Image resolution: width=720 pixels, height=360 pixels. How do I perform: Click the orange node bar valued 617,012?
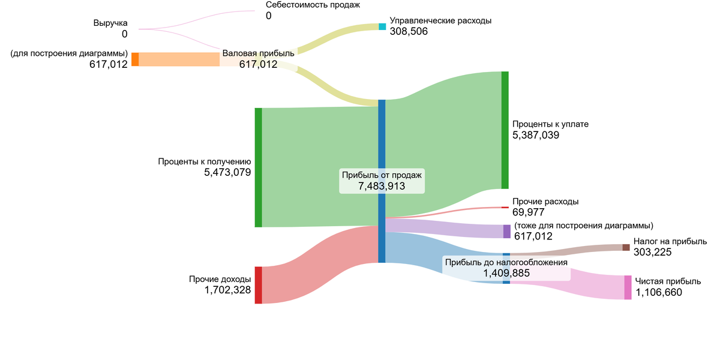[x=135, y=59]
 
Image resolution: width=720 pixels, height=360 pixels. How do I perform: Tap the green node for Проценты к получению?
[x=259, y=167]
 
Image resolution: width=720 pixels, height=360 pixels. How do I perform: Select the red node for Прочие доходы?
[x=259, y=285]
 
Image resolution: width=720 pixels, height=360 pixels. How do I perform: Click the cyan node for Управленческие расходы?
[x=382, y=26]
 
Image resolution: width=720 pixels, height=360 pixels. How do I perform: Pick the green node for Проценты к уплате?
[x=505, y=130]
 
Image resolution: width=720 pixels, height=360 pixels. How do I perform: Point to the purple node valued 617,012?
[x=507, y=232]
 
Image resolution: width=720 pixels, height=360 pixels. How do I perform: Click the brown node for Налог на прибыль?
[x=626, y=247]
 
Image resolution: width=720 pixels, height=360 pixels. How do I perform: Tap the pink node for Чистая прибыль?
[x=628, y=287]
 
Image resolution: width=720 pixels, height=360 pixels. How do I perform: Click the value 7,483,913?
[x=382, y=187]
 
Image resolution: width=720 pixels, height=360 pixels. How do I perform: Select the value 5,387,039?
[x=536, y=136]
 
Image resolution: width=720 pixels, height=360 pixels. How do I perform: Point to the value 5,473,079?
[x=227, y=173]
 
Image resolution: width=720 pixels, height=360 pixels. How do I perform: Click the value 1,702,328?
[x=227, y=291]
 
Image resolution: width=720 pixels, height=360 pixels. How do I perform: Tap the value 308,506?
[x=409, y=32]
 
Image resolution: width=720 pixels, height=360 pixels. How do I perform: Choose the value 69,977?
[x=528, y=212]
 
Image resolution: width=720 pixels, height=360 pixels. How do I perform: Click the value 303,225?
[x=652, y=253]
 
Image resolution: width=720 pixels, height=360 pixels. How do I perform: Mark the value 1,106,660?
[x=659, y=293]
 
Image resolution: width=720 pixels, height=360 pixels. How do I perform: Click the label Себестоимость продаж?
[x=313, y=5]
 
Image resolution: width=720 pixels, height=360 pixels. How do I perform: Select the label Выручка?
[x=110, y=23]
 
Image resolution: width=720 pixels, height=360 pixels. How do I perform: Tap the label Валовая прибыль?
[x=259, y=53]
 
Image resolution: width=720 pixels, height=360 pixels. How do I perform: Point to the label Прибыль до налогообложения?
[x=506, y=262]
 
